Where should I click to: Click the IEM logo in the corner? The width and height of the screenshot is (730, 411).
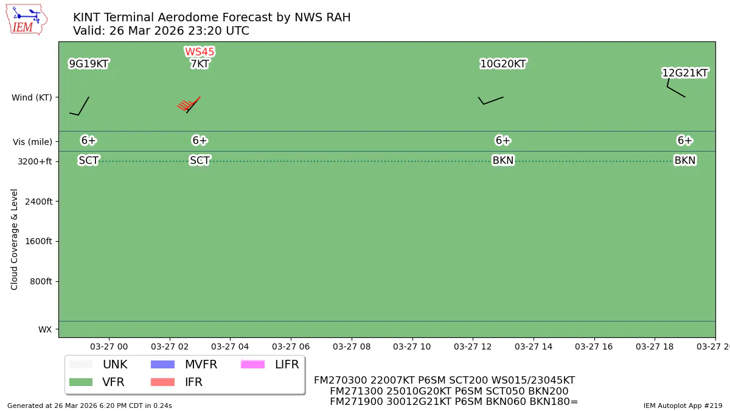click(x=26, y=19)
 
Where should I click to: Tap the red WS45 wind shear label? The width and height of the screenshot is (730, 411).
click(x=200, y=52)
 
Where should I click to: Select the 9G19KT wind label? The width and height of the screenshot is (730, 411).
click(x=88, y=64)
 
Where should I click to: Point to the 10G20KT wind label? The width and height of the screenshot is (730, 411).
click(x=502, y=64)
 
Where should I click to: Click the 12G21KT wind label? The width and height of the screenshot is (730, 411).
click(x=685, y=73)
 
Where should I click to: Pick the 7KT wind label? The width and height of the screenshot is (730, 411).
click(x=200, y=64)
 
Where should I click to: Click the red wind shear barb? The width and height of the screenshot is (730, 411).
click(x=189, y=105)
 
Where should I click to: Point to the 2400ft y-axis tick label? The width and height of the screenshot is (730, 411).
click(x=37, y=202)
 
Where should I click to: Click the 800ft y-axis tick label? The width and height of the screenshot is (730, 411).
click(x=40, y=281)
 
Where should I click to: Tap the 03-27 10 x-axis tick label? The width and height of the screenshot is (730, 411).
click(x=412, y=346)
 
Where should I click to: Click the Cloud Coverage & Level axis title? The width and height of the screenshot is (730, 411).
click(x=15, y=239)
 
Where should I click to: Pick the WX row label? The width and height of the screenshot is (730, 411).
click(x=45, y=329)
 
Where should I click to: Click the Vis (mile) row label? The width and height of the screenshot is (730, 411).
click(x=32, y=141)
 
